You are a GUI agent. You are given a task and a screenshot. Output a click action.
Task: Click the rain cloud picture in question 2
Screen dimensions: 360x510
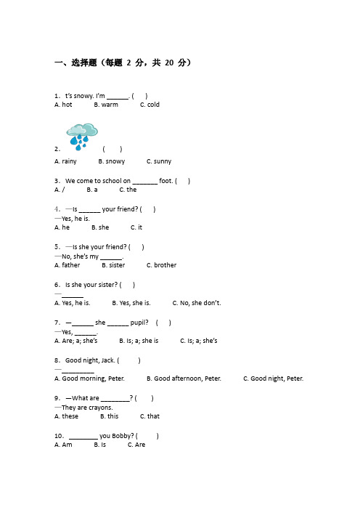pyautogui.click(x=82, y=137)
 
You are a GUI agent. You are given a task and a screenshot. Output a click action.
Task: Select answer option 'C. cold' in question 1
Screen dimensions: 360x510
pyautogui.click(x=150, y=105)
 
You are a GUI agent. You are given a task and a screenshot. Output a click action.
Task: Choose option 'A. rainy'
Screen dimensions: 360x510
pyautogui.click(x=65, y=161)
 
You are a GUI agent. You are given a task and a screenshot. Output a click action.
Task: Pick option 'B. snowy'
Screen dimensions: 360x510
pyautogui.click(x=112, y=161)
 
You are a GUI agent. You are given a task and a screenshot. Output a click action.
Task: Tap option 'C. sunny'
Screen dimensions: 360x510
pyautogui.click(x=159, y=161)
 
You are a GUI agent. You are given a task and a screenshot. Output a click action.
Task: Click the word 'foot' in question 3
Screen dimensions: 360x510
pyautogui.click(x=165, y=181)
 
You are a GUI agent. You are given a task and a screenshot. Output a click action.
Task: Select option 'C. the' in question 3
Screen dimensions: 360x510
pyautogui.click(x=128, y=190)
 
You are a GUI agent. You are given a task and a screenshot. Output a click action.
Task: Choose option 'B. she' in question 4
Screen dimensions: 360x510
pyautogui.click(x=100, y=227)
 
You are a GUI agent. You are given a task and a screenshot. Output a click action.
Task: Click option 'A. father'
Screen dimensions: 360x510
pyautogui.click(x=67, y=265)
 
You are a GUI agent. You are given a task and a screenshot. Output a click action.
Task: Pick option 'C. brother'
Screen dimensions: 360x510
pyautogui.click(x=161, y=265)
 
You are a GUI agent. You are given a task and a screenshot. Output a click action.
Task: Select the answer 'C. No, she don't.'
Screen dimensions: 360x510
pyautogui.click(x=197, y=303)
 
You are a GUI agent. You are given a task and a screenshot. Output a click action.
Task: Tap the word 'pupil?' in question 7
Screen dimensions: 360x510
pyautogui.click(x=139, y=323)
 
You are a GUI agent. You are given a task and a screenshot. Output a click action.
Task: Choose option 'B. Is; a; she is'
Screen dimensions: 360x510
pyautogui.click(x=139, y=341)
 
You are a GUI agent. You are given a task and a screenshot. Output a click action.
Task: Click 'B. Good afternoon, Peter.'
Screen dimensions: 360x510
pyautogui.click(x=184, y=379)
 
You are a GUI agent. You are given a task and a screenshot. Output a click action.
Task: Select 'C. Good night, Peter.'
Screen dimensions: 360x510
pyautogui.click(x=273, y=379)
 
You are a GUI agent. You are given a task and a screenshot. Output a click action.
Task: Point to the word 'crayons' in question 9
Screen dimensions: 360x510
pyautogui.click(x=100, y=408)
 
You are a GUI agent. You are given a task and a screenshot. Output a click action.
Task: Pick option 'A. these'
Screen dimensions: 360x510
pyautogui.click(x=66, y=416)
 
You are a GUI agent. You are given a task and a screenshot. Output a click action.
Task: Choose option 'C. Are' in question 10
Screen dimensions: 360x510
pyautogui.click(x=136, y=445)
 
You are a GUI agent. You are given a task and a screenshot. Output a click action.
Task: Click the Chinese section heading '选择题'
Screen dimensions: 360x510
pyautogui.click(x=84, y=62)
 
